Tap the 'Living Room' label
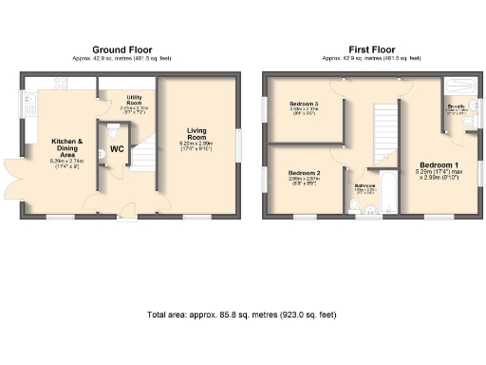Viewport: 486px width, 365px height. (x=197, y=139)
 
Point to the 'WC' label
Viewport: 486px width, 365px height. (x=117, y=149)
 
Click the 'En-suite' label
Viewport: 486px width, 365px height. (x=456, y=107)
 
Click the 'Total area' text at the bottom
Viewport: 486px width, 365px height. (x=241, y=314)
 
